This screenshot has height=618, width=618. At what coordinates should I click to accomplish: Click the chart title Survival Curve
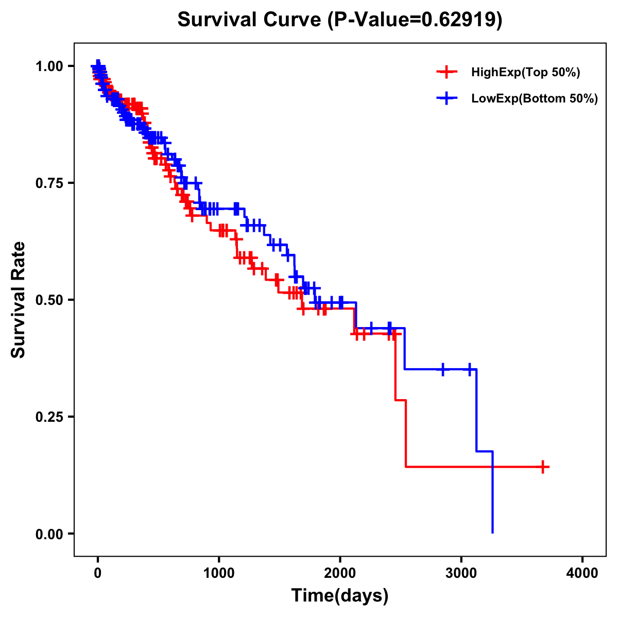click(251, 20)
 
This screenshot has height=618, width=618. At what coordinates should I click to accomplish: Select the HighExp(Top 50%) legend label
click(525, 73)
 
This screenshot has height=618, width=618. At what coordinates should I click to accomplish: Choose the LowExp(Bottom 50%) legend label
click(535, 99)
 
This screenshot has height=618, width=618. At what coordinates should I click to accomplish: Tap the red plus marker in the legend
click(447, 73)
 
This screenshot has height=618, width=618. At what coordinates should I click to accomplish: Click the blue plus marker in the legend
click(447, 99)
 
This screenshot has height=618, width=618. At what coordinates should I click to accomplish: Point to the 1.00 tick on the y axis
click(50, 66)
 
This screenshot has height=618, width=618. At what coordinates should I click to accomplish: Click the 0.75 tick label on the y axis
click(50, 183)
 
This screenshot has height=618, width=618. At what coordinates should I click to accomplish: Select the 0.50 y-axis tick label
click(50, 300)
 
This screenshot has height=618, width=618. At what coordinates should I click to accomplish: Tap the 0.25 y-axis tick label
click(50, 417)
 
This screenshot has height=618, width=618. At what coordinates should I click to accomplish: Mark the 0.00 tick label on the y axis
click(50, 534)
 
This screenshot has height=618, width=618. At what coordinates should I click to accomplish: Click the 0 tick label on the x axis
click(98, 573)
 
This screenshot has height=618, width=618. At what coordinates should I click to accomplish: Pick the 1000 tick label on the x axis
click(219, 573)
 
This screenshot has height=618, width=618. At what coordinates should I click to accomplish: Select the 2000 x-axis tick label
click(340, 573)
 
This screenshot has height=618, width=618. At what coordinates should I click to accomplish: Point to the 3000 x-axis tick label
click(461, 573)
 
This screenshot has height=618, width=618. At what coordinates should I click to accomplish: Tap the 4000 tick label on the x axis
click(582, 573)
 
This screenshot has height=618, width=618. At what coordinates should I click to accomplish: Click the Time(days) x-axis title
click(340, 596)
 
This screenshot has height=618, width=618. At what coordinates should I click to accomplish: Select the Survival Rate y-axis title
click(19, 300)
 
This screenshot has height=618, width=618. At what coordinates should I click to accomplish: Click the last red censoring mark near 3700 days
click(542, 467)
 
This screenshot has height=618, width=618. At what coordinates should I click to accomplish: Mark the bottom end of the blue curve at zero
click(493, 533)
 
